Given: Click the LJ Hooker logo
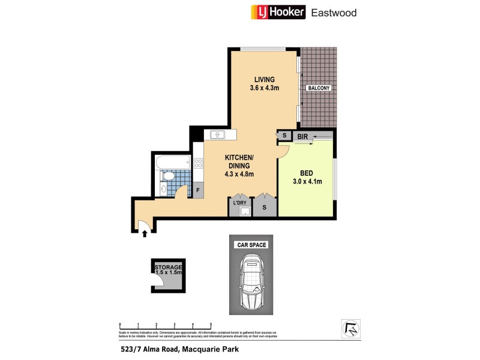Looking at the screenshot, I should [x=277, y=11].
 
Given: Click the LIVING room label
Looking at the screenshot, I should [x=264, y=79].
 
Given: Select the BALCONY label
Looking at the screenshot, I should [x=319, y=88].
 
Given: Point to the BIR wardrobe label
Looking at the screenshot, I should [x=302, y=137].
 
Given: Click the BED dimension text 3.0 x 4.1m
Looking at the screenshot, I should [x=307, y=182].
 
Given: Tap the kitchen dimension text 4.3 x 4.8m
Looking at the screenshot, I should [x=239, y=174].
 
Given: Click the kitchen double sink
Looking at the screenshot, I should [x=214, y=134].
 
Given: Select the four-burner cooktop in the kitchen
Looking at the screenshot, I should [x=198, y=163].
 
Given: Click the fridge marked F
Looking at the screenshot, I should [x=197, y=190].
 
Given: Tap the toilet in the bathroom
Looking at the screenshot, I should [x=169, y=176].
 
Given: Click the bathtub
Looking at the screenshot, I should [x=172, y=161].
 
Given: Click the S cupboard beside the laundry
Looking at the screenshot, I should [x=265, y=207].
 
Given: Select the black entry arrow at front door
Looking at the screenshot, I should [x=145, y=234].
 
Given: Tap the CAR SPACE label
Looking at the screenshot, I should [x=251, y=245].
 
